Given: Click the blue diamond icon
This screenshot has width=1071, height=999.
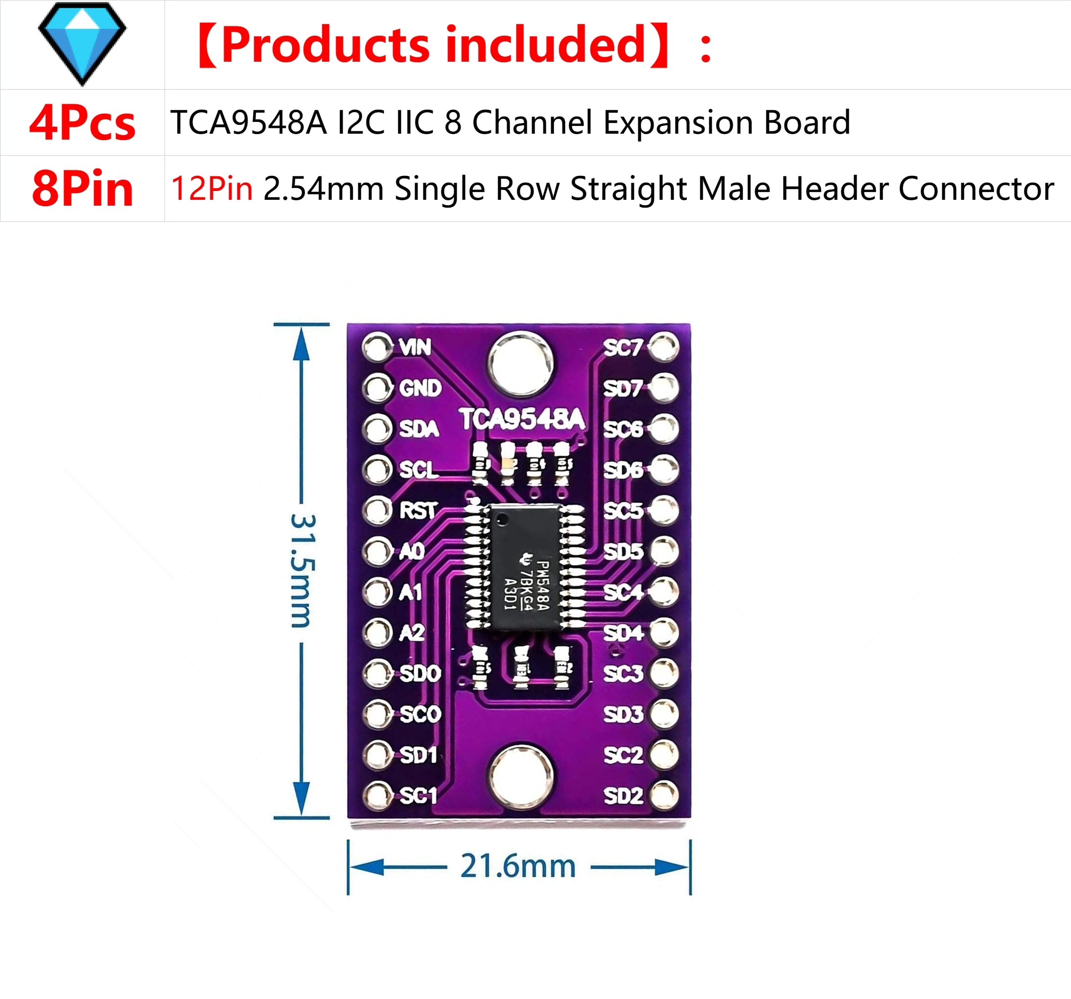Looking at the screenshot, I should pos(82,44).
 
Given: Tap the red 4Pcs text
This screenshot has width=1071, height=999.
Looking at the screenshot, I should pos(82,123).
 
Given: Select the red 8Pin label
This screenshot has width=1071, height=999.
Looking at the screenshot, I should pos(82,189).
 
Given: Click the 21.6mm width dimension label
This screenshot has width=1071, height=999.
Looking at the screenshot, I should pos(518,867).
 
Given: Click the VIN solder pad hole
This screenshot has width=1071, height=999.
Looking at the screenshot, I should pos(376,348).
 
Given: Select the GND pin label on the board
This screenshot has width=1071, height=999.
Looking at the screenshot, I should pos(419,388).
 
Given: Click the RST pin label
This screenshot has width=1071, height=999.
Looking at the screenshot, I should pos(418,510).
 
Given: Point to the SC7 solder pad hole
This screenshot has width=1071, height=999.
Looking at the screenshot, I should pos(663,347).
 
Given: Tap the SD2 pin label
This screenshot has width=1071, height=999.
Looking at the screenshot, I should pos(623,796).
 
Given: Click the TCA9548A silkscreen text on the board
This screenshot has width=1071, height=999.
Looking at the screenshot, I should pos(521,420).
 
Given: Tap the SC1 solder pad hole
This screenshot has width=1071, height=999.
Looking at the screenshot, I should pos(376,796).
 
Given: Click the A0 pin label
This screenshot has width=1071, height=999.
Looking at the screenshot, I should pos(412,551).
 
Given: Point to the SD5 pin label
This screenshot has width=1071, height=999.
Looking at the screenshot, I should pos(623,551).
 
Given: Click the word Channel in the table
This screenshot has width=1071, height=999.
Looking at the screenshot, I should pos(532,122).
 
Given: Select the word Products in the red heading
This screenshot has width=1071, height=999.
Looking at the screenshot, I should pos(326,45).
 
